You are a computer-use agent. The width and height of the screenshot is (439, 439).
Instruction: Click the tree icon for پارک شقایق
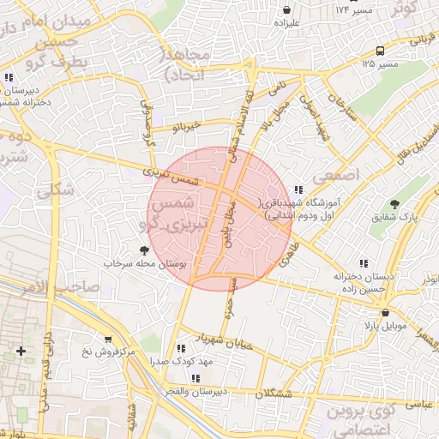tap(394, 204)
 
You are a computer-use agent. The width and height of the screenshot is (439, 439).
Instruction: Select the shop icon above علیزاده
tap(286, 9)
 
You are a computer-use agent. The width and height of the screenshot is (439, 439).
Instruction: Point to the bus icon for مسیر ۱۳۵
tap(380, 51)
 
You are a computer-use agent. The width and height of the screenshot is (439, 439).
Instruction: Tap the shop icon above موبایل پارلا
tap(385, 313)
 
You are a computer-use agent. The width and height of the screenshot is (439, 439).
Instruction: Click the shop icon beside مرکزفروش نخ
tap(107, 339)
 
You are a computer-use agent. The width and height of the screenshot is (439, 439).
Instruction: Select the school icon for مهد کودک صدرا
tap(180, 348)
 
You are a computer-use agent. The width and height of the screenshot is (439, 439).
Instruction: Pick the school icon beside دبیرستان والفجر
tap(195, 377)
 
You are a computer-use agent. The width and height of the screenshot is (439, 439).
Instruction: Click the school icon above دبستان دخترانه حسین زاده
tap(364, 263)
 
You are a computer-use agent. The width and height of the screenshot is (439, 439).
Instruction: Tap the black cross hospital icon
tap(21, 351)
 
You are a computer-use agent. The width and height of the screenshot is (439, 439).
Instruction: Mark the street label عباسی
tap(418, 401)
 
